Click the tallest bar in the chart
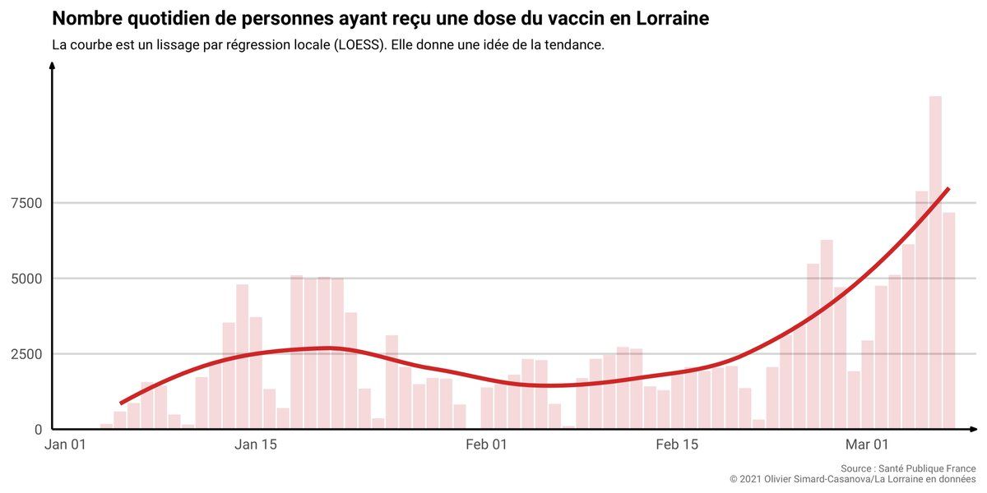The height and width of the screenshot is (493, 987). tap(935, 263)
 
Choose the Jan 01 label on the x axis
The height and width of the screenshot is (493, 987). tap(66, 445)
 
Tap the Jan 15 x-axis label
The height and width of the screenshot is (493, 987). tap(256, 445)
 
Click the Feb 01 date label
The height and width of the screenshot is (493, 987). tap(487, 445)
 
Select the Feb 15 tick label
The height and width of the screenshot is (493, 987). tap(677, 445)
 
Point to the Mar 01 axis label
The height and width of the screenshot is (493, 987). tap(868, 445)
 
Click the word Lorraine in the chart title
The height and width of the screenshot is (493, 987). tap(672, 18)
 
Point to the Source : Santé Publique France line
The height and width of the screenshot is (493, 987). tap(908, 468)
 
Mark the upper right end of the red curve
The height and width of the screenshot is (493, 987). tap(948, 189)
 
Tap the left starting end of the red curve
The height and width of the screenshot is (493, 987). tap(121, 403)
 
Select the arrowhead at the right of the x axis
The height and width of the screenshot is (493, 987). tap(975, 429)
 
